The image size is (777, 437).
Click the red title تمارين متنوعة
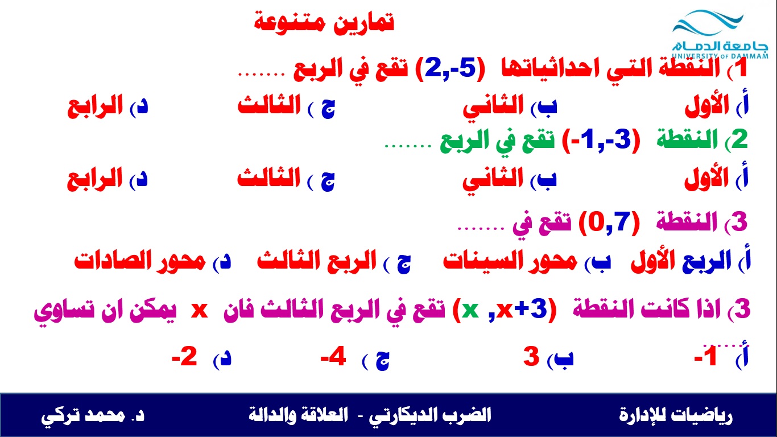click(324, 23)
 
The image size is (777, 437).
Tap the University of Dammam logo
click(720, 35)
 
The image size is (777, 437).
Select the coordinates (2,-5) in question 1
click(449, 69)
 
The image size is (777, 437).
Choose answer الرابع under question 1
click(95, 106)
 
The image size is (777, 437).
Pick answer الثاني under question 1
click(493, 106)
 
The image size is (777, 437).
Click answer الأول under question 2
click(706, 179)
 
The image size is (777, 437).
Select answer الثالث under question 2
click(269, 179)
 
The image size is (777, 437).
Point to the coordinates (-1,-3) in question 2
click(601, 141)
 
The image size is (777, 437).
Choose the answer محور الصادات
click(140, 261)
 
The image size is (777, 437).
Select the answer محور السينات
click(510, 261)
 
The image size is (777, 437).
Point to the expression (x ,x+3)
click(505, 309)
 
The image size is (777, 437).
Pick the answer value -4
click(333, 357)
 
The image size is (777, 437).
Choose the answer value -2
click(184, 357)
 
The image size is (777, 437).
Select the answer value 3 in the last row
click(531, 357)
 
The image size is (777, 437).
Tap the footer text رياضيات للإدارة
click(676, 415)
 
